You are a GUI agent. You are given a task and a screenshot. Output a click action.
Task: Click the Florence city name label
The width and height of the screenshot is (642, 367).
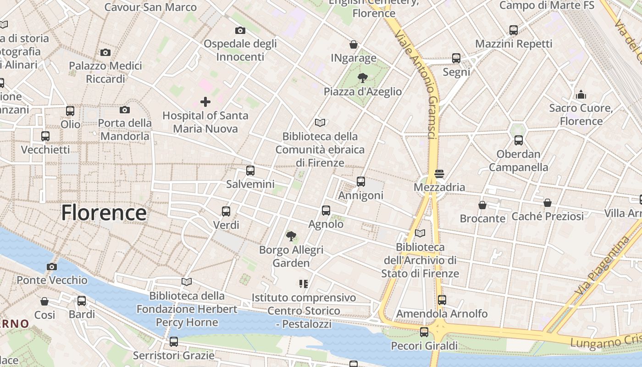tap(104, 213)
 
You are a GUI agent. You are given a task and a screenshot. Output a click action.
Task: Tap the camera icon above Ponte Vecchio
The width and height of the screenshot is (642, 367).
tap(52, 267)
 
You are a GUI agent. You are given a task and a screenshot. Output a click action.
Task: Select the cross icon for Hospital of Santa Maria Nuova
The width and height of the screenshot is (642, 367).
tap(205, 101)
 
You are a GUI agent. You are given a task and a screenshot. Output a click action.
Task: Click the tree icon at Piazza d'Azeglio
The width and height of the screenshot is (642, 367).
tap(363, 78)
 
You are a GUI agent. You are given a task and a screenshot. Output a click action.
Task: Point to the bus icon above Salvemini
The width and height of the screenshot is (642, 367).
tap(250, 171)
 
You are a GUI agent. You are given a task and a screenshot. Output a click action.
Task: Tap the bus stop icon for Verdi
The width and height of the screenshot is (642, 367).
tap(226, 211)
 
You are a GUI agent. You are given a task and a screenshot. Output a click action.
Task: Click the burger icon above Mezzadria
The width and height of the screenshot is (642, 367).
tap(439, 173)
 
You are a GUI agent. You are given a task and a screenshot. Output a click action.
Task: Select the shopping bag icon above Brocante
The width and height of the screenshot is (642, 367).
tap(482, 205)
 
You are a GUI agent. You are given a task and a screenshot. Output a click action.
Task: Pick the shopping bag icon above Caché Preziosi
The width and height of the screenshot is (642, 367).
tap(548, 203)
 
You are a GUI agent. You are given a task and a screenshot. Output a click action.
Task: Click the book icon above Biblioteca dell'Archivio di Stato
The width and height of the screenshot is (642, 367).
tap(420, 234)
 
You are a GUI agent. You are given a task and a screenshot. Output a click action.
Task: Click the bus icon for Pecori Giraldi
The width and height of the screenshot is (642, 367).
tap(424, 332)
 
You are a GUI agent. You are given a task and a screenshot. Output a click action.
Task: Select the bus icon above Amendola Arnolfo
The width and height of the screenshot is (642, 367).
tap(442, 300)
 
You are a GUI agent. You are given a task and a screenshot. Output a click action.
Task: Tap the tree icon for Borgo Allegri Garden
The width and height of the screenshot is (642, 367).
tap(291, 236)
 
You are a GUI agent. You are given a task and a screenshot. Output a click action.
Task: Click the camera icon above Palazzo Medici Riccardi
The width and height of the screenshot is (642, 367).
tap(105, 52)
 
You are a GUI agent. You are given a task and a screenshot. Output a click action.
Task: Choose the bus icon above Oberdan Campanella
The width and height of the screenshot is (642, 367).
tap(519, 140)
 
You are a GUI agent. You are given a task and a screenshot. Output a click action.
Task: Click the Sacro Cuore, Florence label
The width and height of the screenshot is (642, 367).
tap(581, 115)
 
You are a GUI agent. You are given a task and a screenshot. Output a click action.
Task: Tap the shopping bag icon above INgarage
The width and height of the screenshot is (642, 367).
tap(354, 44)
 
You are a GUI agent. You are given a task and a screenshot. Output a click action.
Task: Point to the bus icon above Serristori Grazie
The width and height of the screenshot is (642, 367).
tap(174, 342)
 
